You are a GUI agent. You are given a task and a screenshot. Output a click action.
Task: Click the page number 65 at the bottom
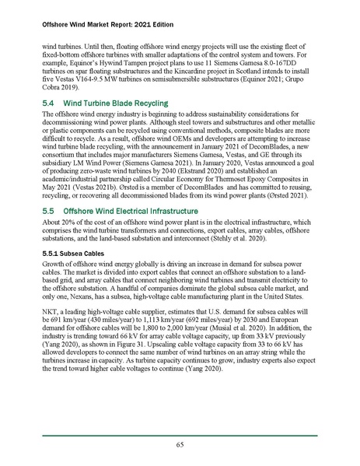click(x=180, y=443)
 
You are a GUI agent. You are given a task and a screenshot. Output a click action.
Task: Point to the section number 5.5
click(x=47, y=189)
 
